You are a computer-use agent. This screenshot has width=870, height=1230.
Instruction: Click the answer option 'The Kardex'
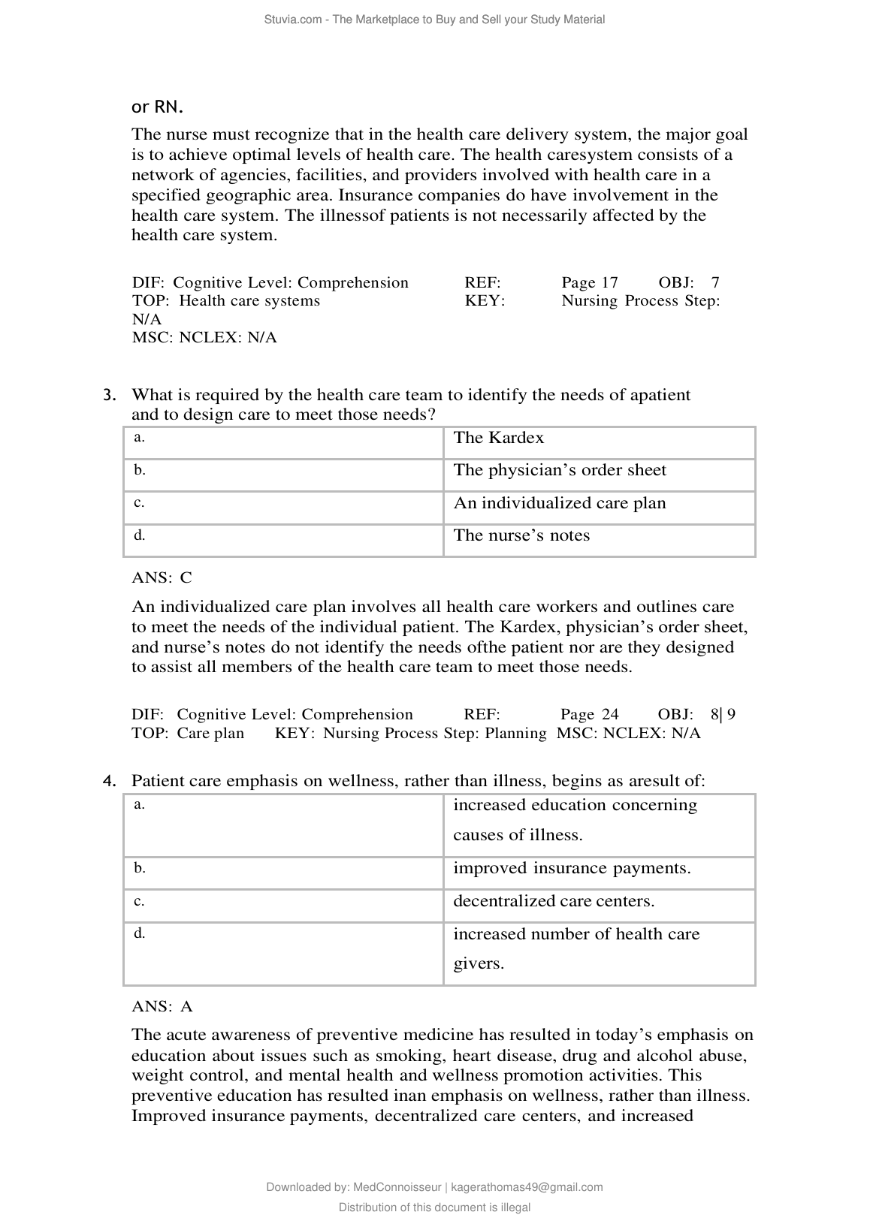coord(499,438)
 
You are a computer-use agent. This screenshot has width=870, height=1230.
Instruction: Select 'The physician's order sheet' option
coord(560,470)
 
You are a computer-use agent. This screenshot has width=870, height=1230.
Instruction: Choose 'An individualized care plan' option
coord(560,503)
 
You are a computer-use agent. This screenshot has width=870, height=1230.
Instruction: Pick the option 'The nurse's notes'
coord(521,535)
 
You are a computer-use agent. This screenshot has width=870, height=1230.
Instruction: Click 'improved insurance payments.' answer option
coord(572,868)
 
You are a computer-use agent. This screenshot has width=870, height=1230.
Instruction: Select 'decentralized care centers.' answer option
coord(554,901)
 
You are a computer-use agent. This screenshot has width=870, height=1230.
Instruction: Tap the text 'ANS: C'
coord(162,577)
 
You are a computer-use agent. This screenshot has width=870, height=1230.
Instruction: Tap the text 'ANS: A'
coord(162,1006)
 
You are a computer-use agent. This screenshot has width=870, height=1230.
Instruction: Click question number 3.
coord(110,395)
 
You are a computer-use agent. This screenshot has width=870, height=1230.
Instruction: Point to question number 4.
coord(110,781)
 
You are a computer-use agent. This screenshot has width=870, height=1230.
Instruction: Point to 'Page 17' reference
coord(590,282)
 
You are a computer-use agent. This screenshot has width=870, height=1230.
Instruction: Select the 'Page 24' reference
coord(590,714)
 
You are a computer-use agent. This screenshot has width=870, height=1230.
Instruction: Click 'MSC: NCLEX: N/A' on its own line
coord(204,337)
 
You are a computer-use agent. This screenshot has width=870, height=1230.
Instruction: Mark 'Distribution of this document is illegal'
coord(434,1207)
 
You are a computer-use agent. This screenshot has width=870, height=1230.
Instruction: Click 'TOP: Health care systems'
coord(226,301)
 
